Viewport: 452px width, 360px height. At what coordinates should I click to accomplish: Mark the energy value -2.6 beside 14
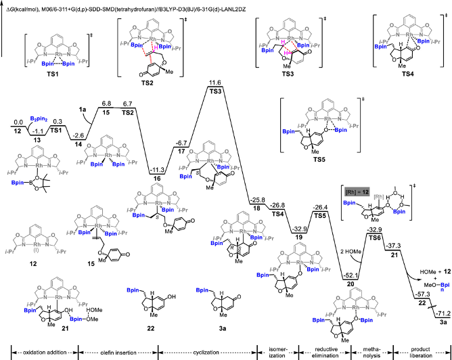pos(81,135)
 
